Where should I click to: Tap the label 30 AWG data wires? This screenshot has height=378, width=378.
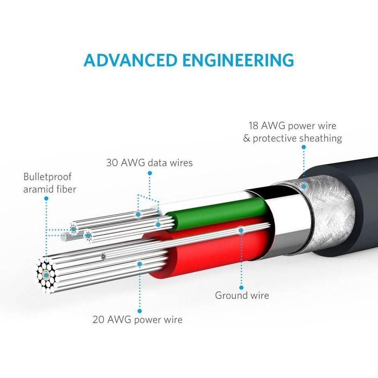150,162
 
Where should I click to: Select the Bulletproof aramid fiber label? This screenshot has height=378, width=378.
50,183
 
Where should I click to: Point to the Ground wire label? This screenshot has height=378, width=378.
242,295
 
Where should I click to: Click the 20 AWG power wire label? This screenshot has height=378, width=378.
137,319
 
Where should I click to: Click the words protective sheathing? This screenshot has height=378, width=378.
297,139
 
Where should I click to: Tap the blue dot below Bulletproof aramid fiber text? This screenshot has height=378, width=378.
46,199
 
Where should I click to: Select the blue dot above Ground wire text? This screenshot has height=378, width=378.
241,288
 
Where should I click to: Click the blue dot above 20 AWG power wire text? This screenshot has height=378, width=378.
139,311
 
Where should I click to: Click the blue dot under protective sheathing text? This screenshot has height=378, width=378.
304,147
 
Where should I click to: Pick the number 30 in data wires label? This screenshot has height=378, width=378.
113,162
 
